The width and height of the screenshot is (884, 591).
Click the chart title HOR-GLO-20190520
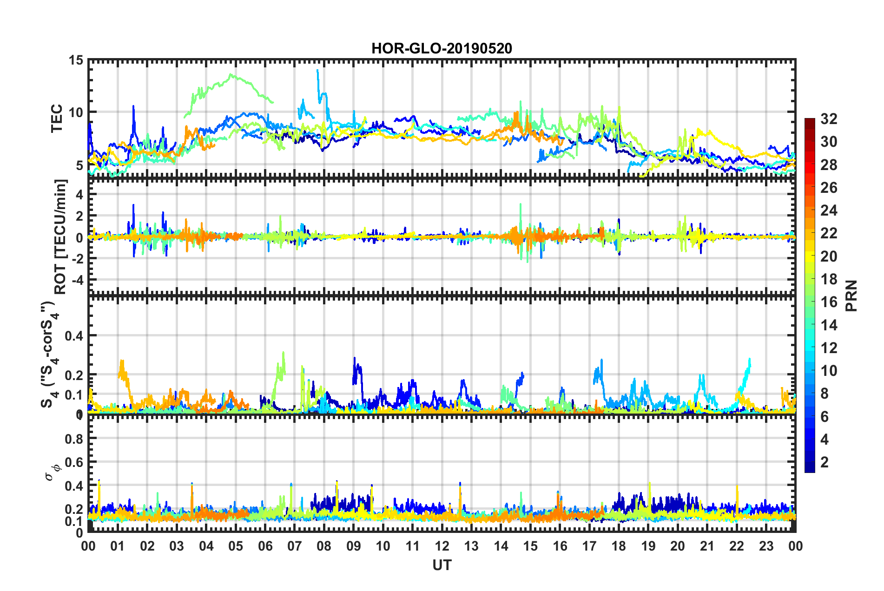pos(442,48)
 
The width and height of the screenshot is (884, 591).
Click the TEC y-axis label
pos(57,118)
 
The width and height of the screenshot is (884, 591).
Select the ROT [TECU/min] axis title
pos(60,236)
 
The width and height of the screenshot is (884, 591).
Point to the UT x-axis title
pos(442,565)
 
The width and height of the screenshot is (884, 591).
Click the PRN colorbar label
pos(851,295)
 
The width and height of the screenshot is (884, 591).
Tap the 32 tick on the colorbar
pos(829,119)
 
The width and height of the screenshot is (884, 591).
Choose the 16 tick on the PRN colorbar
pos(829,302)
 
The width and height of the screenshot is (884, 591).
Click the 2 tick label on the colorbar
pos(825,462)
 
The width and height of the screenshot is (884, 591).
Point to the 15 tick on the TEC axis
pos(76,60)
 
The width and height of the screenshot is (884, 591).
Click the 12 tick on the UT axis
pos(442,546)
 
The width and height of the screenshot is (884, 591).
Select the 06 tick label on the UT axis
pos(265,546)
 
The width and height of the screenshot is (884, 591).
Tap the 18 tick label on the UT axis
pos(619,546)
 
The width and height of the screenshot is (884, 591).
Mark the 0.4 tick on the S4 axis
pos(74,335)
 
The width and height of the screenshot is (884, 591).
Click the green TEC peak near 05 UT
pos(231,75)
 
